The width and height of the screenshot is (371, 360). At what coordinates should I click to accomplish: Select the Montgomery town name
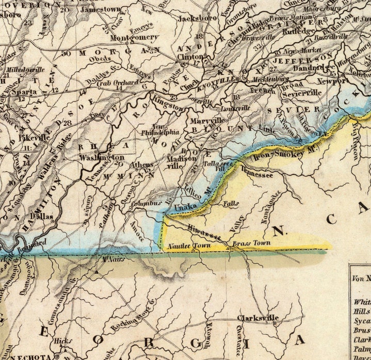tap(135, 38)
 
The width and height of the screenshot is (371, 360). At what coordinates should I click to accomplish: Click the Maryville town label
tap(202, 121)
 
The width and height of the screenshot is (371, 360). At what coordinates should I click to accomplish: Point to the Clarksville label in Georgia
tap(258, 317)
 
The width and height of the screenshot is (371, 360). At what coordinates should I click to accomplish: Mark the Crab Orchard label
tap(119, 83)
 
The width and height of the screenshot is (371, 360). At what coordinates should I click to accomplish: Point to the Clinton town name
tap(191, 58)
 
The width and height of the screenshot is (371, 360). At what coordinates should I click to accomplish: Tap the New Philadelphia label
tap(160, 129)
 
